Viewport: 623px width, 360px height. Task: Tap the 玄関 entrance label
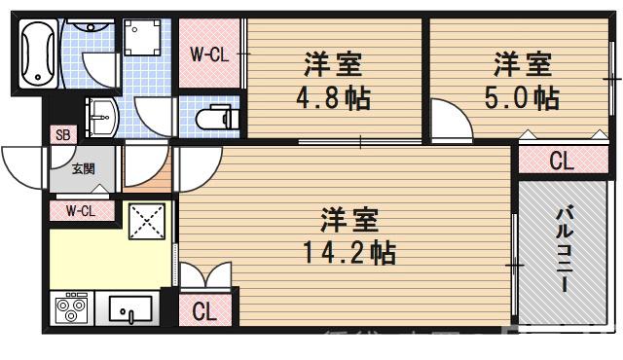[x=84, y=167]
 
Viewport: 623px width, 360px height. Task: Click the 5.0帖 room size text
[x=524, y=99]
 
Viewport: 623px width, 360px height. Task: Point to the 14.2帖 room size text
[x=348, y=254]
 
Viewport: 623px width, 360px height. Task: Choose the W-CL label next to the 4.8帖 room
[x=208, y=55]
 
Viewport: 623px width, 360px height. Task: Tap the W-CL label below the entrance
[x=82, y=210]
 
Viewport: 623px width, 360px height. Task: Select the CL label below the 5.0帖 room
[x=561, y=162]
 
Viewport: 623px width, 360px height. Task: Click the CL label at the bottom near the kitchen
[x=204, y=312]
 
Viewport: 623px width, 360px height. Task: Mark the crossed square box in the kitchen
[x=149, y=223]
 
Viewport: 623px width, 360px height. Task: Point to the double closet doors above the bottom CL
[x=204, y=276]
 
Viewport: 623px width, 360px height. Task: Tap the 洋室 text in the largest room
[x=348, y=220]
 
